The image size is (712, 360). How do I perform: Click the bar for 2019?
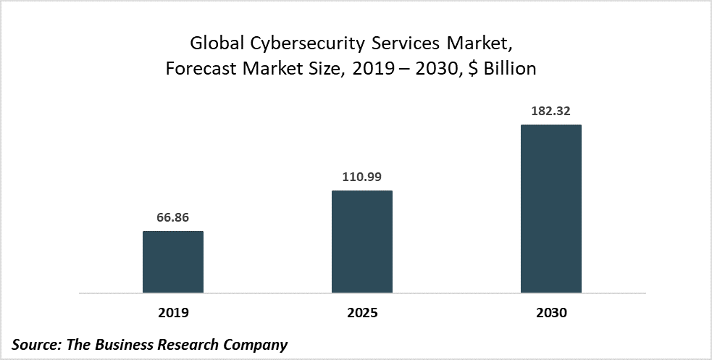pos(172,261)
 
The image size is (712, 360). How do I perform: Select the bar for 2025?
pos(361,241)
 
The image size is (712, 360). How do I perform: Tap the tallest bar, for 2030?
pos(550,209)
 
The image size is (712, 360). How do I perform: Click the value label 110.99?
pos(361,177)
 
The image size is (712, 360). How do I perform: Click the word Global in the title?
pos(215,43)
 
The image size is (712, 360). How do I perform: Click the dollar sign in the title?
pos(471,70)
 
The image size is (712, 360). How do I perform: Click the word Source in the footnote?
pos(36,345)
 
